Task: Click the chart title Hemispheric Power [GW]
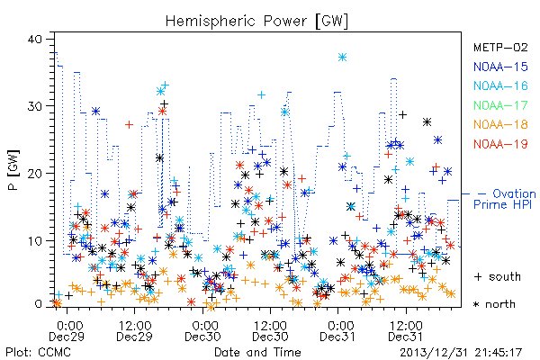point(256,21)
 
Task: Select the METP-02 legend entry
point(500,47)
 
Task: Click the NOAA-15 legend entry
point(500,67)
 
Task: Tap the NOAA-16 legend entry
point(500,85)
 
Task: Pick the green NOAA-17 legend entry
point(500,105)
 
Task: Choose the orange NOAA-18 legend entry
point(500,124)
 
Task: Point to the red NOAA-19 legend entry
point(500,144)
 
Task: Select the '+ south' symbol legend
point(498,276)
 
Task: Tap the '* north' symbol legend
point(494,304)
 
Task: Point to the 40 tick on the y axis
point(34,39)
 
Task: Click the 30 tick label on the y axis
point(34,106)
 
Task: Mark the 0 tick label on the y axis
point(38,304)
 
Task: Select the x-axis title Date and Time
point(257,352)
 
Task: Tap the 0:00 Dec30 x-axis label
point(202,331)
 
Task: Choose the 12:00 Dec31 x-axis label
point(406,331)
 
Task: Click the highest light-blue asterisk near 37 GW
point(342,58)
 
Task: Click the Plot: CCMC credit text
point(38,352)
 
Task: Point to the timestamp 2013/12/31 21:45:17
point(461,353)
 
